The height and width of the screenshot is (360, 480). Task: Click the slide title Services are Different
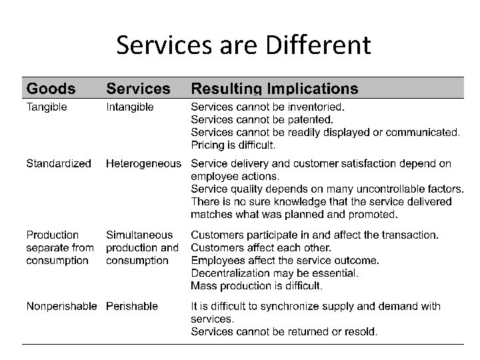tap(243, 45)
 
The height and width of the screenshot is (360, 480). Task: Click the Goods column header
tap(51, 88)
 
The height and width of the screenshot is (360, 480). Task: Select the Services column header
tap(139, 88)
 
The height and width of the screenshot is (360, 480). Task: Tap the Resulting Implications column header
tap(274, 88)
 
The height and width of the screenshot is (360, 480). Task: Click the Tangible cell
tap(47, 107)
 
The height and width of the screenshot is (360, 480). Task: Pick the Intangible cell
tap(130, 107)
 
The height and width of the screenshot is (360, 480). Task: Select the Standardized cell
tap(59, 163)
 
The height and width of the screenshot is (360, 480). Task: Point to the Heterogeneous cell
tap(143, 163)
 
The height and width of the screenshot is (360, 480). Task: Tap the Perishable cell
tap(132, 306)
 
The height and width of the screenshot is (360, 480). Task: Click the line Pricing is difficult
tap(233, 145)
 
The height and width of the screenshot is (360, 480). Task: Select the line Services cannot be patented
tap(262, 119)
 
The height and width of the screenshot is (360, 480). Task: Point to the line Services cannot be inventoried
tap(268, 107)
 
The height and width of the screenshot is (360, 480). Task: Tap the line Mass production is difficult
tap(257, 286)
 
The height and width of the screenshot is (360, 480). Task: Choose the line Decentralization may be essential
tap(275, 273)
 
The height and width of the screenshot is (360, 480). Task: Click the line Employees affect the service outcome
tap(285, 260)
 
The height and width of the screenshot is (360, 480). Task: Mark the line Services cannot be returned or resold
tap(284, 331)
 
